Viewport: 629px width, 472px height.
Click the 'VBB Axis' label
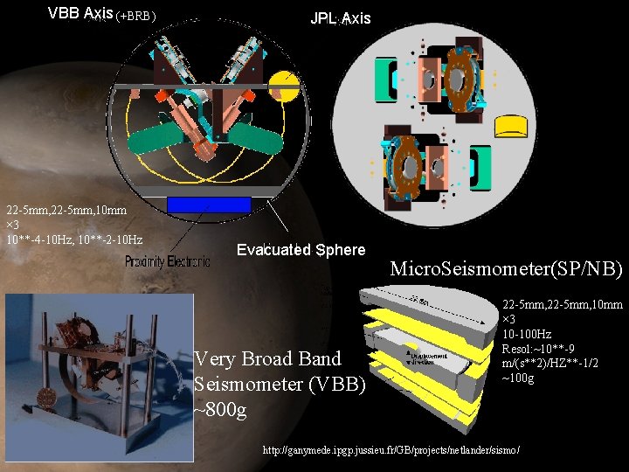tap(80, 13)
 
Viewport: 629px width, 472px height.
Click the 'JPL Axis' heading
tap(340, 18)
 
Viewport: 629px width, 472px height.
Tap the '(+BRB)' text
tap(136, 16)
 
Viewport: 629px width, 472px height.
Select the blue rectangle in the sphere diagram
tap(208, 204)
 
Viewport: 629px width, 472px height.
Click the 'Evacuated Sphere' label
tap(301, 250)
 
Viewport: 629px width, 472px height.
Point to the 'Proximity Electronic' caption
tap(168, 261)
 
